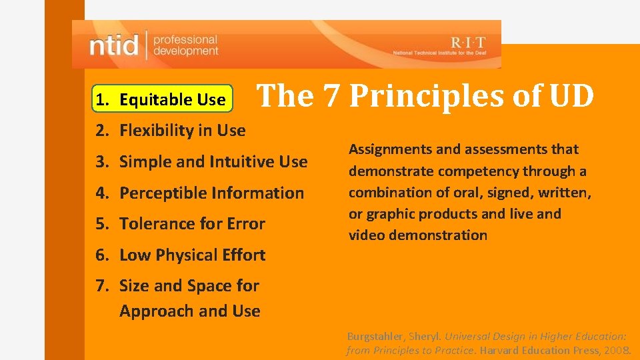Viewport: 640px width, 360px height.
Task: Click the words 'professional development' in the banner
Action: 185,45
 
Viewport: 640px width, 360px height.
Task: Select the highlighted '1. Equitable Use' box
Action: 163,100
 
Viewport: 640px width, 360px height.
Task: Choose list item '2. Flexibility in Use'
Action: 171,131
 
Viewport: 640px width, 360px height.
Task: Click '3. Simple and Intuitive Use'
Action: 201,161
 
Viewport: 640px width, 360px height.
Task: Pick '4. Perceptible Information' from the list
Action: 199,193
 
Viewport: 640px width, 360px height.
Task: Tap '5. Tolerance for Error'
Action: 180,224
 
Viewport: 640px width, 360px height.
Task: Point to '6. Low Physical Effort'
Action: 180,255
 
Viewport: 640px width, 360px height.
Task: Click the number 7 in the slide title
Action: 331,97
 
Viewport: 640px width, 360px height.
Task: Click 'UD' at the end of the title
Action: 571,97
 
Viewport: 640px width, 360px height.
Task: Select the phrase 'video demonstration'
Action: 417,235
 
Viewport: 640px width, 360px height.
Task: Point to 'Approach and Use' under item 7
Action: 189,311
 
